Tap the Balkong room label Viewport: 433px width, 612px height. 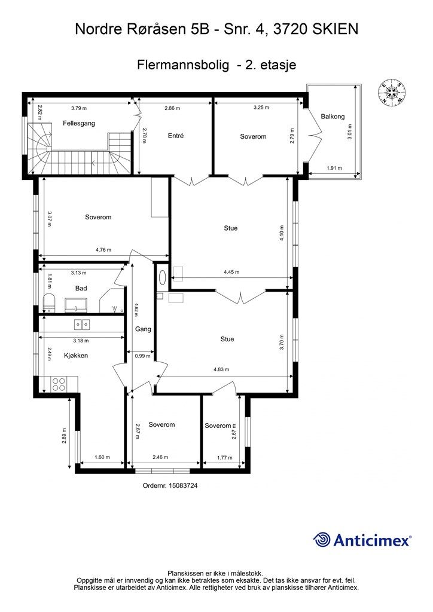click(x=333, y=117)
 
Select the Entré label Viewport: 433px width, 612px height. click(x=176, y=136)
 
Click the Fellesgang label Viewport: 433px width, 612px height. click(x=79, y=123)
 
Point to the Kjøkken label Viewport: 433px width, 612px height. click(x=76, y=356)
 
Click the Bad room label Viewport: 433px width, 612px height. click(x=81, y=289)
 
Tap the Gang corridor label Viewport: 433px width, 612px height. click(x=143, y=329)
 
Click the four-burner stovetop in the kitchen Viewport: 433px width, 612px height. click(x=59, y=384)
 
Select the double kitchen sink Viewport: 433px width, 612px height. click(x=82, y=324)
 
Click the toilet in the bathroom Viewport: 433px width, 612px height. click(x=49, y=303)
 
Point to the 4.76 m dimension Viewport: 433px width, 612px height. click(x=103, y=250)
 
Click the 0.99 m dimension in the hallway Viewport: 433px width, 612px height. click(x=142, y=356)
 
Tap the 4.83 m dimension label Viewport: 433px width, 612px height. click(x=221, y=369)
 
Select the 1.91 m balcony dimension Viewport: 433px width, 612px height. click(x=334, y=168)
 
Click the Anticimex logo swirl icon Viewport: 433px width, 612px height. click(x=322, y=540)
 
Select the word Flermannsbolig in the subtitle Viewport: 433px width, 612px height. click(x=183, y=65)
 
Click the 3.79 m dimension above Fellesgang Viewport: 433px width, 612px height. click(x=79, y=108)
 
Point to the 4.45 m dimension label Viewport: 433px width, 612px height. click(x=231, y=272)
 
